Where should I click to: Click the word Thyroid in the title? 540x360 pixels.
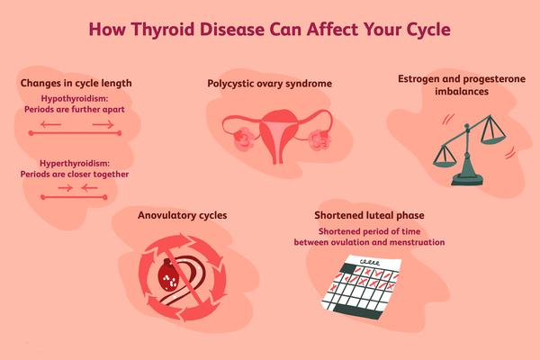[x=163, y=30]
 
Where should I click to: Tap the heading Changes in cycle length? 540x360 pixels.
[x=76, y=84]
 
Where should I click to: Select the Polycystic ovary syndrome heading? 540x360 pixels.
[x=270, y=84]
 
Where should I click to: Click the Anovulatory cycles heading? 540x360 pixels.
[x=183, y=215]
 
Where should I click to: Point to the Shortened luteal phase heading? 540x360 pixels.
[x=369, y=215]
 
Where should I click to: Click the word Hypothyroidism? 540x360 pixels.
[x=74, y=99]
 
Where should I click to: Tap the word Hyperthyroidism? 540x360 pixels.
[x=74, y=163]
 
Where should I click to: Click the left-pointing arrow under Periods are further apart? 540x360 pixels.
[x=50, y=124]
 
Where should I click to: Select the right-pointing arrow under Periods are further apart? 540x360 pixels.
[x=103, y=124]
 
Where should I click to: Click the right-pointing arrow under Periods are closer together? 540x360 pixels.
[x=65, y=188]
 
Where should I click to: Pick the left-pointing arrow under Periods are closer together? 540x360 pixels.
[x=89, y=188]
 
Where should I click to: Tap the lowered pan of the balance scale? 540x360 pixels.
[x=445, y=163]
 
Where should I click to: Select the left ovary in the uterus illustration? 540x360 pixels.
[x=244, y=139]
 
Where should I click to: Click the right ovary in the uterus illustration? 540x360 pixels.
[x=319, y=139]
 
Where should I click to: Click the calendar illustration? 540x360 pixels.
[x=361, y=287]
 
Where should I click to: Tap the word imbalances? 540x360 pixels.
[x=462, y=92]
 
